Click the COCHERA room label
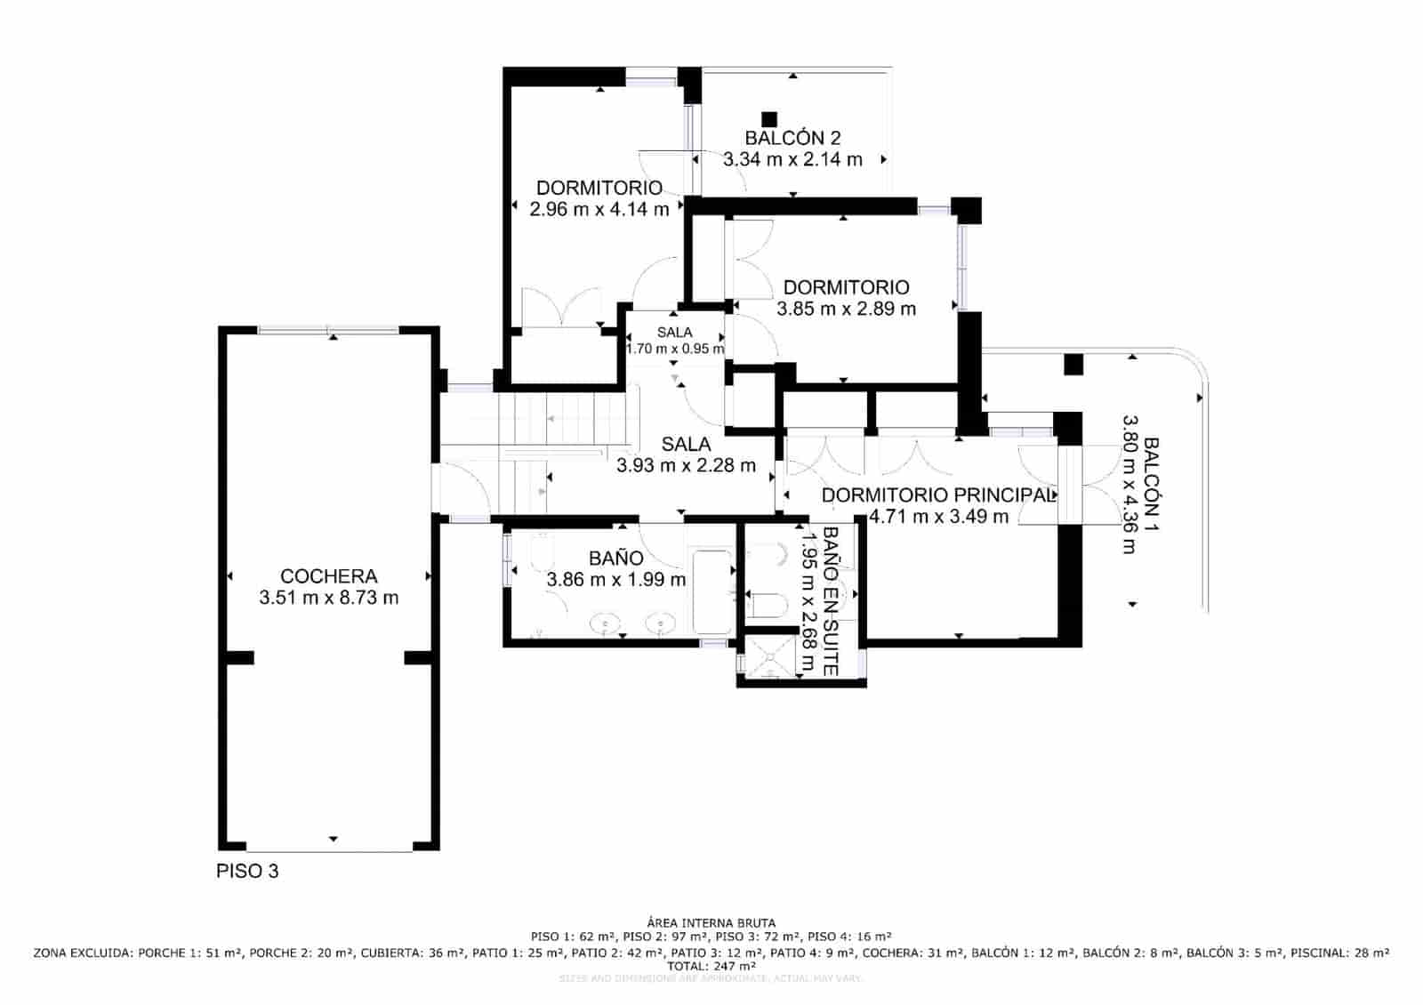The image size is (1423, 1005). click(328, 576)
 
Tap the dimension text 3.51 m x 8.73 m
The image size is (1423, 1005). click(328, 598)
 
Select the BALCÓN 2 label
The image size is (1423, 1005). click(792, 138)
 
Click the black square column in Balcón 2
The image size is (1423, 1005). click(769, 118)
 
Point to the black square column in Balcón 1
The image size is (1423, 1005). click(1073, 364)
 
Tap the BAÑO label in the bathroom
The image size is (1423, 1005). click(615, 559)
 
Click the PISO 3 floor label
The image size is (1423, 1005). click(247, 871)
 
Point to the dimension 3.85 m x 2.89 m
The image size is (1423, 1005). click(846, 309)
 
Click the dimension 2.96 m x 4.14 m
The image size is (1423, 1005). click(599, 210)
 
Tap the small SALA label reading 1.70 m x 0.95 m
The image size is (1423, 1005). click(674, 341)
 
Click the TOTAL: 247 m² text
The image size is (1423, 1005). click(711, 965)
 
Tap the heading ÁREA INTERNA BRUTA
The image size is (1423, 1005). click(711, 923)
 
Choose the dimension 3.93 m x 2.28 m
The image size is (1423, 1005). click(686, 464)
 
